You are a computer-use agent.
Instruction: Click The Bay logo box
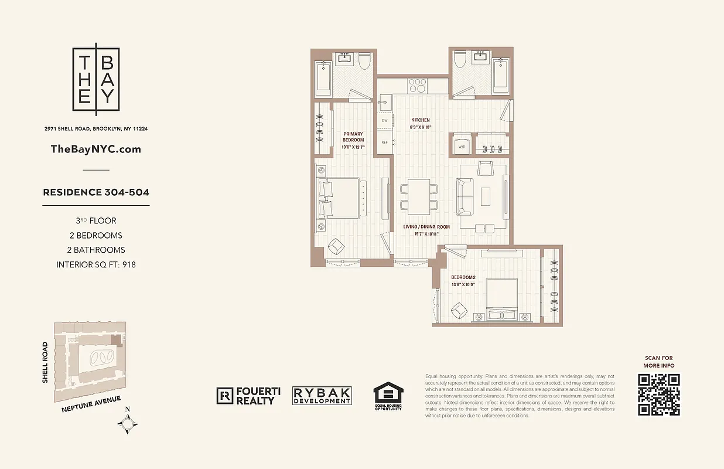(x=96, y=79)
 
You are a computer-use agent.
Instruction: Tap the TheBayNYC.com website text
(x=96, y=149)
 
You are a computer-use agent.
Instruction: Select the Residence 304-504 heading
(x=96, y=192)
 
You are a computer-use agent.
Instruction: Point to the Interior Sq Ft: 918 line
(x=96, y=264)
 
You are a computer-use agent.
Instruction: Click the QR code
(x=659, y=394)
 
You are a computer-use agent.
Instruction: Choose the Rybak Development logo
(x=322, y=396)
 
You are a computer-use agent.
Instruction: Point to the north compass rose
(x=128, y=423)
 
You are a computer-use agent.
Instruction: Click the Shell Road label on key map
(x=45, y=363)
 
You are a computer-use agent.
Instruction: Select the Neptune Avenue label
(x=91, y=405)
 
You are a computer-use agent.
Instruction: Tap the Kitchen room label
(x=421, y=120)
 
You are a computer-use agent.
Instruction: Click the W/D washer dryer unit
(x=460, y=146)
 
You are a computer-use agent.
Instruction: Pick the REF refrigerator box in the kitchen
(x=385, y=142)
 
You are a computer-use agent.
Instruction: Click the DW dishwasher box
(x=385, y=121)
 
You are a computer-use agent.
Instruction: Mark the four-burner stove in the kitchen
(x=418, y=86)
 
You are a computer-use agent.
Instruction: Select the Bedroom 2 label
(x=463, y=277)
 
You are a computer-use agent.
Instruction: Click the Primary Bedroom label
(x=353, y=137)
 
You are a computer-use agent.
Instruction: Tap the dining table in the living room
(x=419, y=196)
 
